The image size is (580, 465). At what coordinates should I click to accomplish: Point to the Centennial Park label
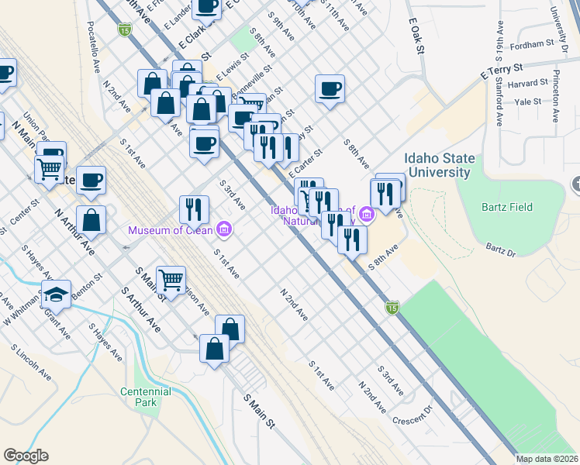click(145, 397)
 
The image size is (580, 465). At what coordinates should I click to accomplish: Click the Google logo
click(26, 456)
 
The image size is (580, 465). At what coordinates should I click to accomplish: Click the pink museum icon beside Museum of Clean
click(225, 229)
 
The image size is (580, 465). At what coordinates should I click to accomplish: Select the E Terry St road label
click(503, 72)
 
